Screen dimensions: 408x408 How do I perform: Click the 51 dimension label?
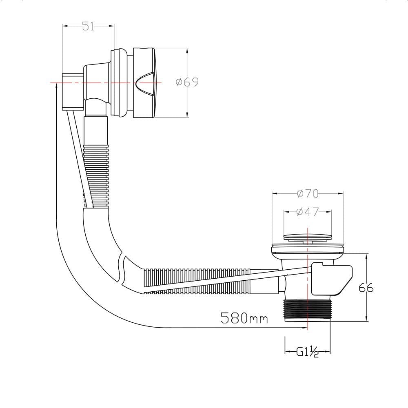point(88,26)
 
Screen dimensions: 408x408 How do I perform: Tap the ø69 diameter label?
point(187,82)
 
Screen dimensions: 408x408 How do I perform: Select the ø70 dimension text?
point(308,193)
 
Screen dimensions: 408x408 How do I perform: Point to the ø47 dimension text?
point(308,212)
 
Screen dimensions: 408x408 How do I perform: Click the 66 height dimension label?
point(366,288)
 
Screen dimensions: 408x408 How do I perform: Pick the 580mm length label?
point(244,318)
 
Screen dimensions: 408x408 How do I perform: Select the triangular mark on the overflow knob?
point(145,83)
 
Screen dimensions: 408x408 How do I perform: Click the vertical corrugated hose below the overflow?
point(96,163)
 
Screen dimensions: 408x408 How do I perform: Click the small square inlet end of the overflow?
point(72,91)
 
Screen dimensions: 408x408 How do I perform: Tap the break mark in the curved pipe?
point(121,269)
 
